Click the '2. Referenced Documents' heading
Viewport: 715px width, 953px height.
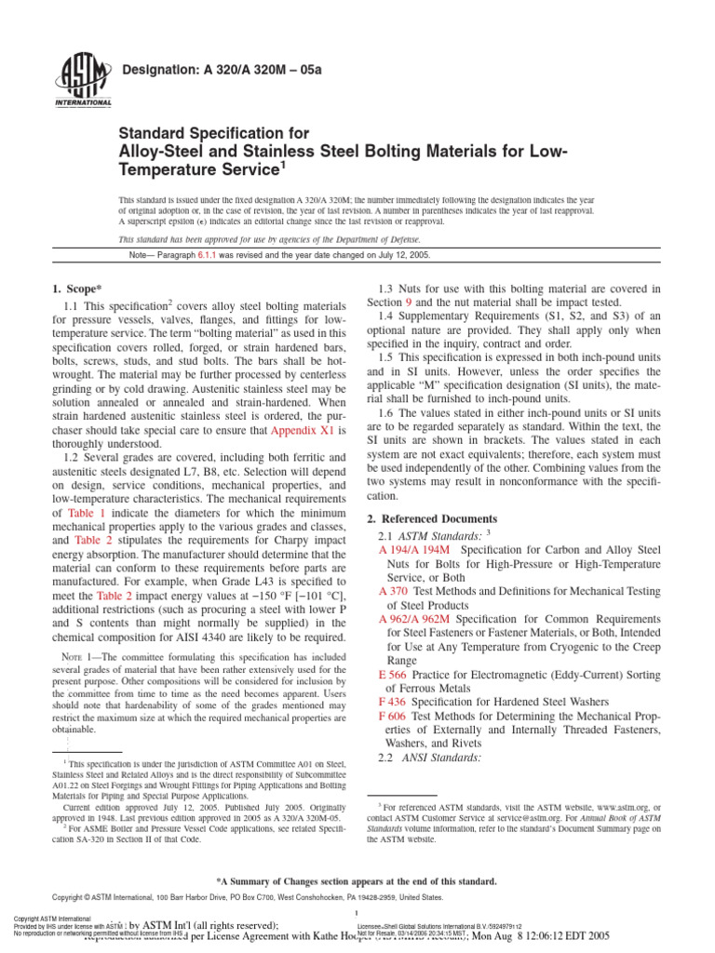432,518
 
